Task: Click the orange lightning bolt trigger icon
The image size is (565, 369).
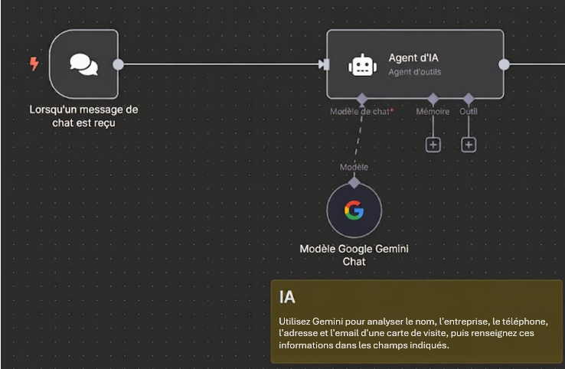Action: [x=34, y=64]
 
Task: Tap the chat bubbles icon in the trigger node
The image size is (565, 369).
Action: [x=84, y=64]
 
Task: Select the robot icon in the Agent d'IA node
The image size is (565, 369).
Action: [x=362, y=65]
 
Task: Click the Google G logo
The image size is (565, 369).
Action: [x=354, y=210]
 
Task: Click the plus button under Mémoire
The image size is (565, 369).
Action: [x=433, y=145]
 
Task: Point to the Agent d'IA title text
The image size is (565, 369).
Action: [x=413, y=57]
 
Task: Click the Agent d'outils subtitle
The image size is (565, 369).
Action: [x=415, y=72]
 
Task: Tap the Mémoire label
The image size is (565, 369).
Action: [x=433, y=111]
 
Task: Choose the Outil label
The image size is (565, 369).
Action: [x=469, y=111]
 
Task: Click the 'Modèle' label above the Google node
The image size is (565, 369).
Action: [x=354, y=167]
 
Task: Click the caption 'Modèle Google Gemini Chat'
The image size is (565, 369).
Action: [x=354, y=255]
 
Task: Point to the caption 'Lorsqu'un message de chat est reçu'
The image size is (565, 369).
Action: [x=83, y=116]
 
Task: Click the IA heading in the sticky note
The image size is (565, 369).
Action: [x=287, y=297]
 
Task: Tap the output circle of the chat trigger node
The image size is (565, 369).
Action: [x=118, y=64]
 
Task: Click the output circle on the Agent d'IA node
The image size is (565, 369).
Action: [x=504, y=64]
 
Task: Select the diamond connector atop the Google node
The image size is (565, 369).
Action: [x=354, y=182]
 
